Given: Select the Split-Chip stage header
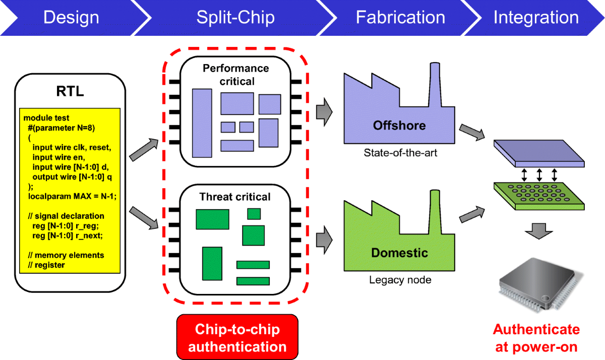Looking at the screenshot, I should point(235,18).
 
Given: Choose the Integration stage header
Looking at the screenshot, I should point(535,18).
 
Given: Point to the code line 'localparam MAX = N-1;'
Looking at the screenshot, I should point(70,196).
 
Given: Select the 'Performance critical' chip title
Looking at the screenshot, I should point(236,74).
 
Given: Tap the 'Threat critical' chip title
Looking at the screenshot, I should point(235,197).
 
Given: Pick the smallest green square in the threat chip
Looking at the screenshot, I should point(254,214).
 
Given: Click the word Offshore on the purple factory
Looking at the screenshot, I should point(399,125).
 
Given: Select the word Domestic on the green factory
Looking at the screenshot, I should point(399,252).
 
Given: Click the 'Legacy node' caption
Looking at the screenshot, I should point(400,279).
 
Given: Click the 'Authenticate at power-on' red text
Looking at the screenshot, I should point(536,338).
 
